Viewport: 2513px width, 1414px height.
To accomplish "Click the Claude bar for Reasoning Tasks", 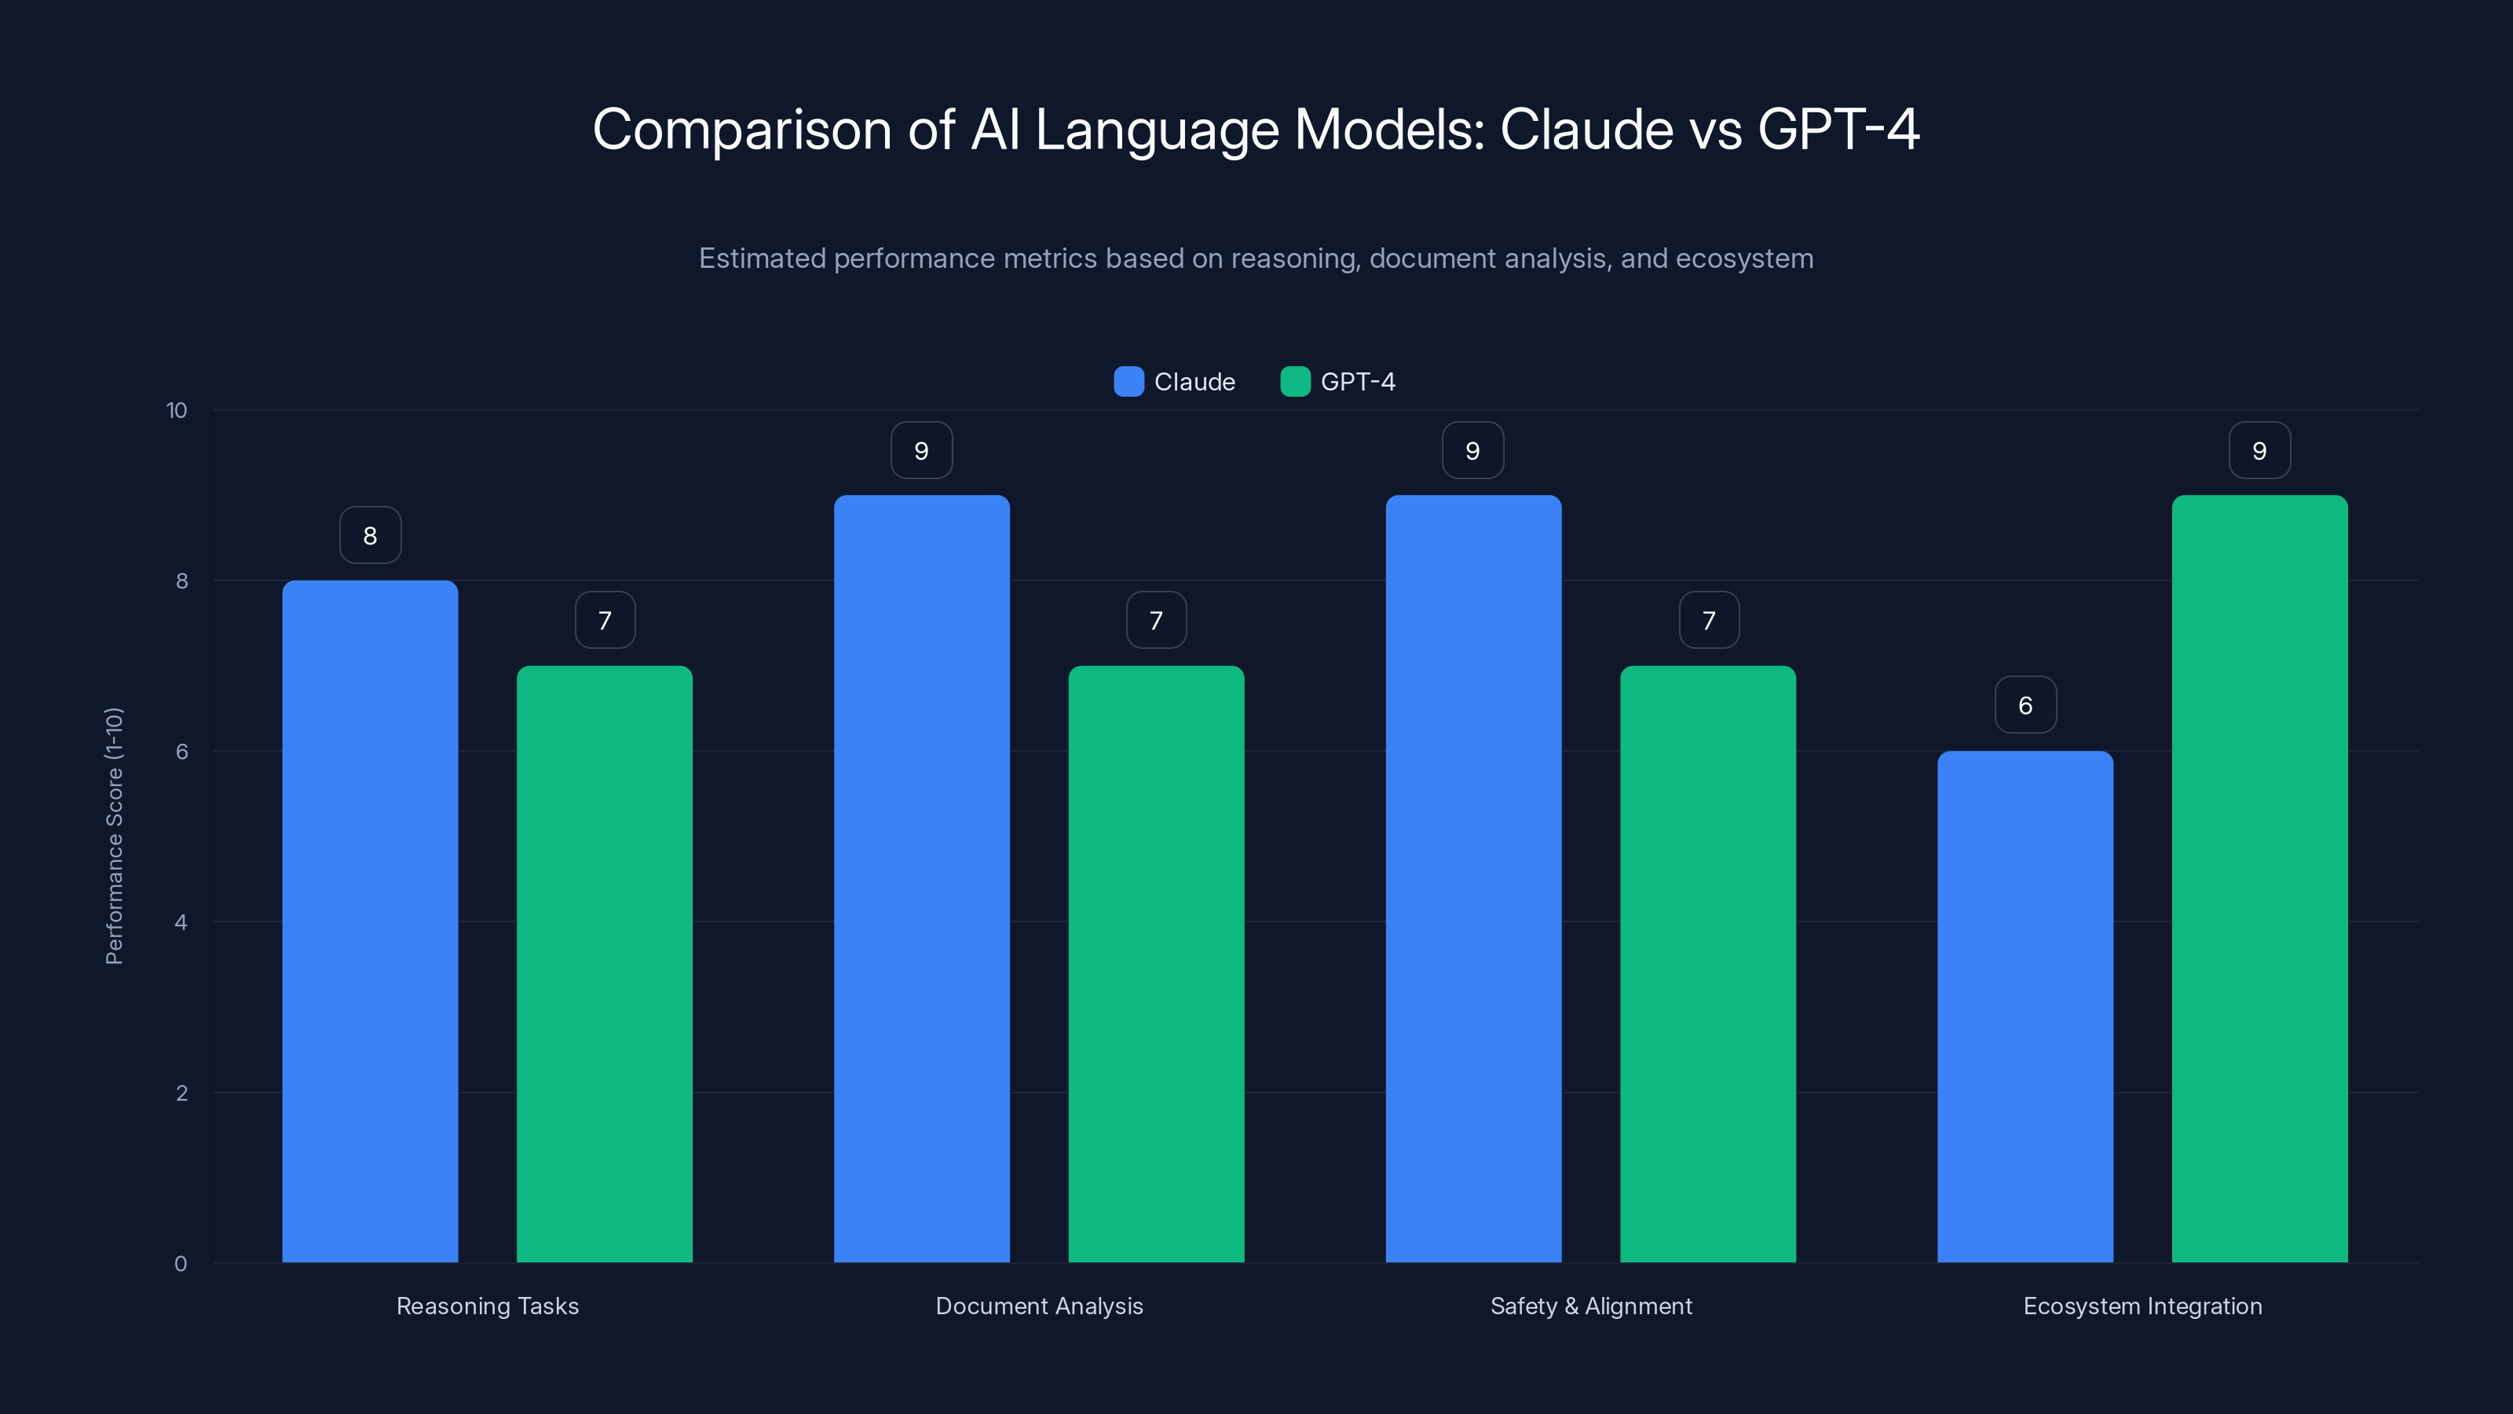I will click(x=370, y=921).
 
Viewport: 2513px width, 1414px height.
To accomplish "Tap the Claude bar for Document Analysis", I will click(x=921, y=878).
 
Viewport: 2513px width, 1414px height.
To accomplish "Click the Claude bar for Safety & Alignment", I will click(x=1473, y=878).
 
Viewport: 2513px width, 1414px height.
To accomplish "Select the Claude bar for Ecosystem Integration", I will click(x=2025, y=1006).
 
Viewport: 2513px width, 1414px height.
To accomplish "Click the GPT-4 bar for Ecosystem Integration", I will click(x=2259, y=878).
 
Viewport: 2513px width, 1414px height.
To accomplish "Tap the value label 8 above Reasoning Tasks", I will click(x=370, y=535).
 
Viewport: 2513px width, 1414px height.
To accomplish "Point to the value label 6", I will click(x=2025, y=705).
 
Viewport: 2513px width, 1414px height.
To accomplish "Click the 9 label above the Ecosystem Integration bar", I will click(x=2259, y=450).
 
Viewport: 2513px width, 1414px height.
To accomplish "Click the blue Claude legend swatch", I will click(x=1128, y=382).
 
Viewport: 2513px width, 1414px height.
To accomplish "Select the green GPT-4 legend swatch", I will click(x=1294, y=382).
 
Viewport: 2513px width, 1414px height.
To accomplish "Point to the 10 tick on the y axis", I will click(x=177, y=410).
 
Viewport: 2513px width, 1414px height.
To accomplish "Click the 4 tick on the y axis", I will click(x=181, y=922).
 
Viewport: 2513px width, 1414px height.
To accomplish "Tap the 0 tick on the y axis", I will click(x=181, y=1264).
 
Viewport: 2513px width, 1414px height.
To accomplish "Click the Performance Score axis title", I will click(x=114, y=837).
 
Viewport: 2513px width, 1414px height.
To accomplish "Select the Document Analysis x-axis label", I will click(x=1039, y=1306).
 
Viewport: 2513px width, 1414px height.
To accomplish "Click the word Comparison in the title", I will click(x=741, y=130).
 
